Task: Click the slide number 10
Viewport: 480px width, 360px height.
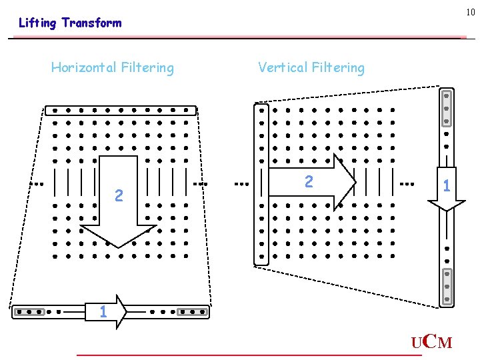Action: click(x=470, y=12)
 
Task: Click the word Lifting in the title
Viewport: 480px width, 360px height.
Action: click(x=37, y=23)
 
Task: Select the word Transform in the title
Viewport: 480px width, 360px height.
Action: click(x=91, y=23)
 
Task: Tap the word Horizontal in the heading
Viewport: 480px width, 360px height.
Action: click(x=82, y=67)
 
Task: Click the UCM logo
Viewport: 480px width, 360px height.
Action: click(x=431, y=343)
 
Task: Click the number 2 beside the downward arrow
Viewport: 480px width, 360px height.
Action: click(x=118, y=195)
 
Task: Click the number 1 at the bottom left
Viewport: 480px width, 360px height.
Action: click(x=102, y=311)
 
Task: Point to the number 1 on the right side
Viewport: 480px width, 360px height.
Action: click(x=447, y=187)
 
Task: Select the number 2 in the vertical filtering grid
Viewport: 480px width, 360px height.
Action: click(x=308, y=181)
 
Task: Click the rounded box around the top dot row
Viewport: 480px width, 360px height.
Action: click(x=121, y=110)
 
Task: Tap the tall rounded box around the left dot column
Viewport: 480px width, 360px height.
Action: click(x=261, y=184)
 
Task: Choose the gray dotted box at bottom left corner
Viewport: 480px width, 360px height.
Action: click(x=29, y=311)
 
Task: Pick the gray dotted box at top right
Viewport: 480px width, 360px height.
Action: click(x=447, y=107)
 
